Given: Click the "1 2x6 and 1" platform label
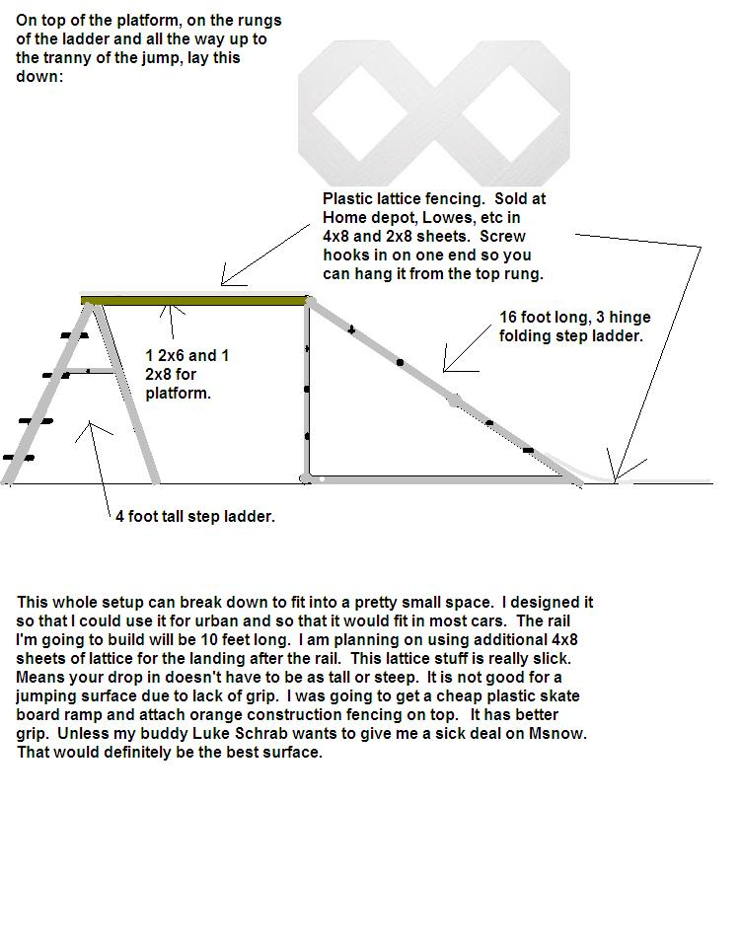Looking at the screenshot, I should click(x=187, y=355).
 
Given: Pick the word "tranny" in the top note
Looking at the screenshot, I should click(x=68, y=57).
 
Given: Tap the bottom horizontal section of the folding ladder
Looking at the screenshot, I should click(x=434, y=479).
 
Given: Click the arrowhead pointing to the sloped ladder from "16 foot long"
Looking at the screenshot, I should click(x=446, y=368).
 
